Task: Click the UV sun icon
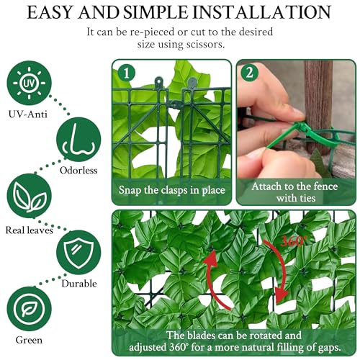click(30, 83)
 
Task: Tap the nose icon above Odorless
click(78, 139)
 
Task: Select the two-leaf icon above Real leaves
click(30, 196)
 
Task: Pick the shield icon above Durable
click(78, 252)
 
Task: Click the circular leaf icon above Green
click(30, 309)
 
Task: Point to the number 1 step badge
click(127, 73)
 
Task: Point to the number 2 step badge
click(250, 73)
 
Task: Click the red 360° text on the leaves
click(294, 241)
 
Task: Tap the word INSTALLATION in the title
click(261, 12)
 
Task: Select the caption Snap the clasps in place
click(172, 190)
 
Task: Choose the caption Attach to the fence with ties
click(295, 192)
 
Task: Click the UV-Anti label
click(28, 114)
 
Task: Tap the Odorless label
click(78, 171)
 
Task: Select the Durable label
click(79, 284)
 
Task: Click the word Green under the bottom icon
click(29, 340)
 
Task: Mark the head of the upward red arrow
click(211, 258)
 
